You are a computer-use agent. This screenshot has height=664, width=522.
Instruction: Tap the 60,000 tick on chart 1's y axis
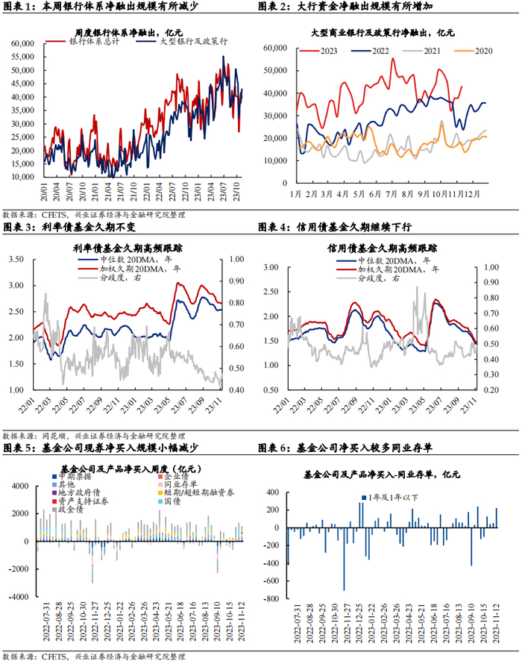(x=25, y=43)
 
